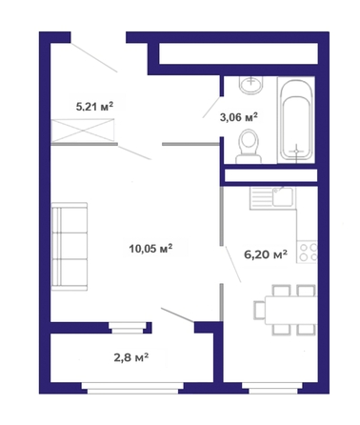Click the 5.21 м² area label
point(94,107)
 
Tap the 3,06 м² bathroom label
point(239,117)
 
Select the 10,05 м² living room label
point(150,249)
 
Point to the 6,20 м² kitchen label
point(266,254)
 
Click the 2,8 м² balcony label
point(131,358)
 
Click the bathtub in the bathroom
point(296,120)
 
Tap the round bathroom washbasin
point(251,85)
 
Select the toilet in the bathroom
point(249,146)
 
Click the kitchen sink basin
point(283,197)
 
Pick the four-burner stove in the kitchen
point(308,252)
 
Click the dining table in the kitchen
point(291,310)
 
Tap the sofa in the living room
point(70,246)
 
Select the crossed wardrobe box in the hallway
point(83,131)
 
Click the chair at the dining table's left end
point(259,310)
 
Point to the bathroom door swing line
point(211,107)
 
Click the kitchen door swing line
point(233,264)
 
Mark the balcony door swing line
point(178,315)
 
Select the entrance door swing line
point(94,57)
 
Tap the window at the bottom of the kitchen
point(271,388)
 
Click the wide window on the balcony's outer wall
point(132,388)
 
